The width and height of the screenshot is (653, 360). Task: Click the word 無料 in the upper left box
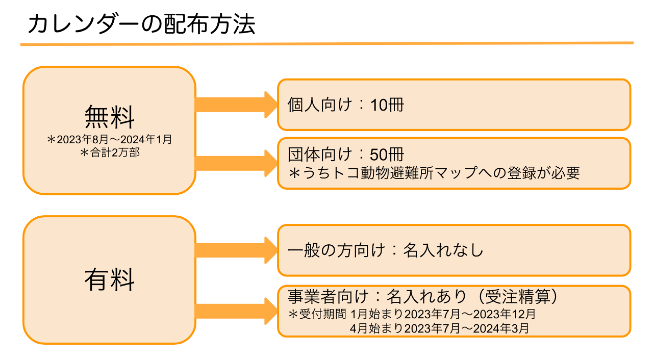point(109,116)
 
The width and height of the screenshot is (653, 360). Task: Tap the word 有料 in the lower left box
point(109,279)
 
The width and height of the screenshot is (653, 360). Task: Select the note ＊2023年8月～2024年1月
point(109,140)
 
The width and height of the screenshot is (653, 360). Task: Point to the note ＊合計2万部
point(109,152)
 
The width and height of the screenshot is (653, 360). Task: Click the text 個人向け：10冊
point(345,105)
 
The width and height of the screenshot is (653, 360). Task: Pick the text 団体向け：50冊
point(345,155)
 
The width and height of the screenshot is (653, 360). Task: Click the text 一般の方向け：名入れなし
point(385,250)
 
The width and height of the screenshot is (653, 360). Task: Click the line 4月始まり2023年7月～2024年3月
point(439,328)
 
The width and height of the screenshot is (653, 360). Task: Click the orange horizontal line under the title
point(326,44)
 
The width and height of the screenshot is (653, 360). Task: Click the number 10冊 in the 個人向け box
point(387,105)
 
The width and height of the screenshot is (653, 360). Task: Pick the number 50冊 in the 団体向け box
point(387,155)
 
